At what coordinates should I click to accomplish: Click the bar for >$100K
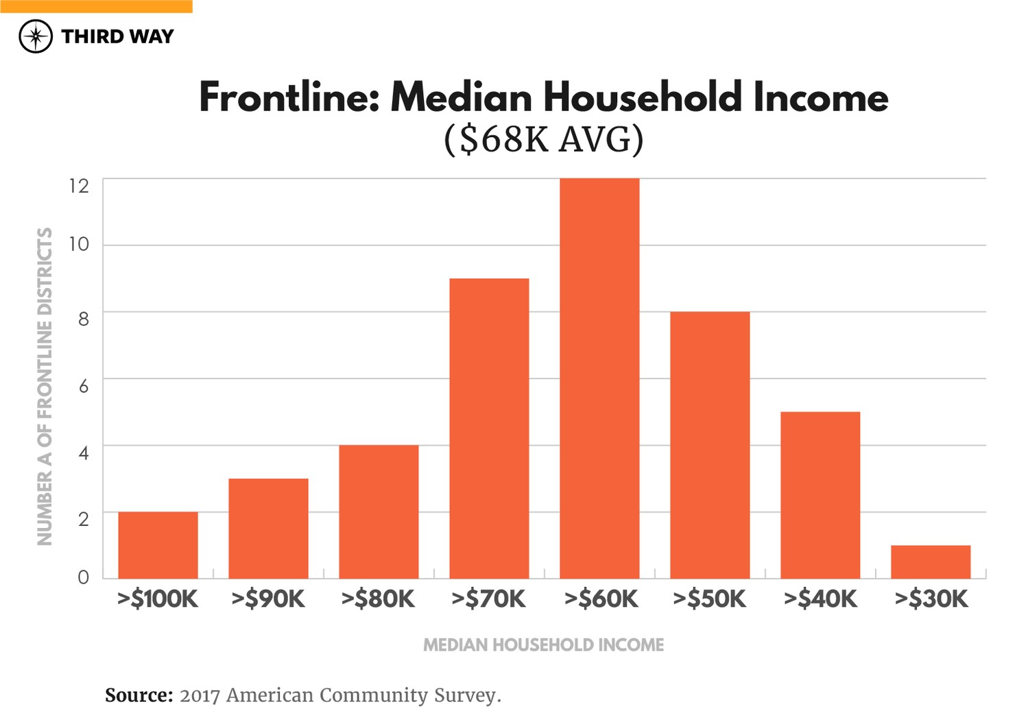(158, 545)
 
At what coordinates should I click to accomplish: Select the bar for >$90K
(268, 528)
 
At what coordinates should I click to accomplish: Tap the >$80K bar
(379, 512)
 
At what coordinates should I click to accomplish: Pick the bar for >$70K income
(489, 429)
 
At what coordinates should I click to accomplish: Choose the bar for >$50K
(710, 445)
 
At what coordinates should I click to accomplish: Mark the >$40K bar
(820, 495)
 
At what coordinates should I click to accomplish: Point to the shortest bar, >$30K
(931, 562)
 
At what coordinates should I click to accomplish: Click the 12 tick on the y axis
(79, 186)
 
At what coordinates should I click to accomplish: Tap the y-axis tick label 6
(84, 386)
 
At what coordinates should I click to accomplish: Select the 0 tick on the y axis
(84, 577)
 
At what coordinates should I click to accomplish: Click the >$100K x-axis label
(158, 599)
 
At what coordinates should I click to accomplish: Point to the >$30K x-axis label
(931, 599)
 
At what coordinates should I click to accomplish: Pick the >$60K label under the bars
(601, 599)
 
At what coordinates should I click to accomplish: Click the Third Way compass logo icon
(36, 36)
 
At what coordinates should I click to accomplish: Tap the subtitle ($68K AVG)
(543, 139)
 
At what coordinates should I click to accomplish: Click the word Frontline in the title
(288, 97)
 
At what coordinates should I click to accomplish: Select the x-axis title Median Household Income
(543, 645)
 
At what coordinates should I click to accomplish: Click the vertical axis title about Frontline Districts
(45, 386)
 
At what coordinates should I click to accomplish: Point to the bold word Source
(139, 695)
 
